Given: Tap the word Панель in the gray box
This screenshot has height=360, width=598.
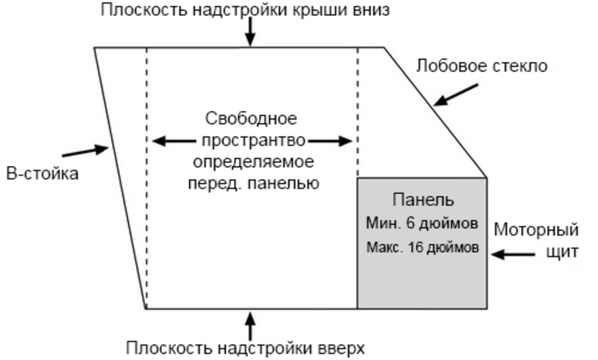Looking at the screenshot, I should click(x=423, y=200).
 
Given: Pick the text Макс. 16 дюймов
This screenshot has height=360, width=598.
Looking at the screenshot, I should click(x=422, y=247).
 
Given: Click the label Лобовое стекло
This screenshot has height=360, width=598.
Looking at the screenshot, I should click(x=482, y=66).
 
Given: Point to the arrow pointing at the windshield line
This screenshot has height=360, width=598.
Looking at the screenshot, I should click(x=456, y=95).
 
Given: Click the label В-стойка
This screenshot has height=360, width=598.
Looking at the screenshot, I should click(x=42, y=174).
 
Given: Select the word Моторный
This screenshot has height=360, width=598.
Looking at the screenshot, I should click(x=536, y=229).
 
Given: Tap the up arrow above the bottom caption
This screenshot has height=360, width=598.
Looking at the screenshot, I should click(x=250, y=324).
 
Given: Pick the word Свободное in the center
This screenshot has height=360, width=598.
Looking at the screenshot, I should click(x=251, y=119).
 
